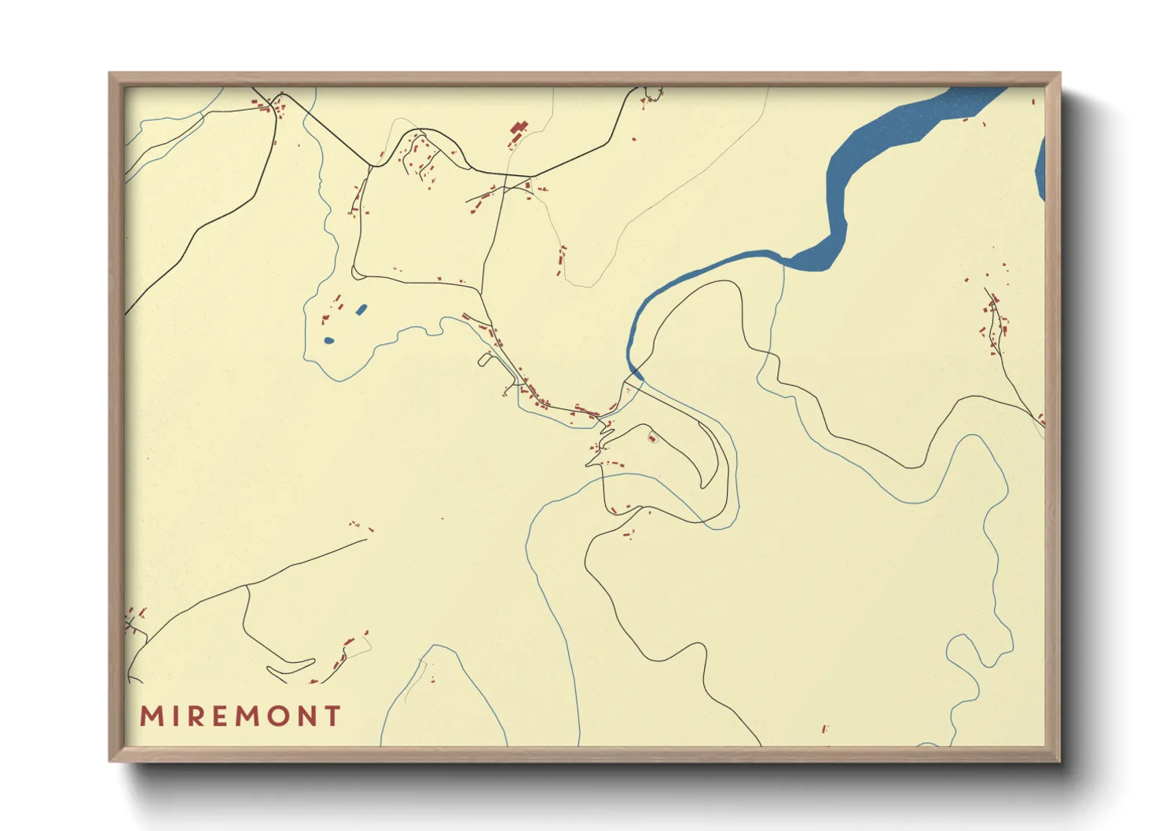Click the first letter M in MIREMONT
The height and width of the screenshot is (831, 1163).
pyautogui.click(x=151, y=716)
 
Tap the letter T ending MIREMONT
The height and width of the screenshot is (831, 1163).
pyautogui.click(x=333, y=716)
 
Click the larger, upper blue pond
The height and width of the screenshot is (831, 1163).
pyautogui.click(x=361, y=309)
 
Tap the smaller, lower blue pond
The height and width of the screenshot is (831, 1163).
pyautogui.click(x=328, y=341)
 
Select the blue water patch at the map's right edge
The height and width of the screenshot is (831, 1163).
pyautogui.click(x=1040, y=169)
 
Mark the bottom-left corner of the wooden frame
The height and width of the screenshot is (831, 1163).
pyautogui.click(x=110, y=760)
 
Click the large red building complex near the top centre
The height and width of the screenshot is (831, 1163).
pyautogui.click(x=517, y=131)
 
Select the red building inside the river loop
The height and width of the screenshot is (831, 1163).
pyautogui.click(x=651, y=437)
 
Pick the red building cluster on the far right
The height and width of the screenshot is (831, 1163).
pyautogui.click(x=994, y=318)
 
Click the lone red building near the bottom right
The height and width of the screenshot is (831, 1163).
pyautogui.click(x=824, y=729)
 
